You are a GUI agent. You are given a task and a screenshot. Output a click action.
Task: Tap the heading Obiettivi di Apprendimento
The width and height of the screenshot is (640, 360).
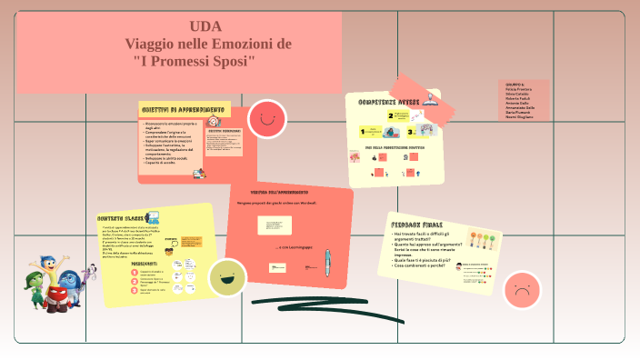[x=176, y=109]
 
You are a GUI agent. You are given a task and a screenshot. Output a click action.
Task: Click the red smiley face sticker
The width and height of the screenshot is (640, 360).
[x=267, y=118]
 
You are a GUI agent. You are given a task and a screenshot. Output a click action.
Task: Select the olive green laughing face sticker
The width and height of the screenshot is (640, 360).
[x=227, y=277]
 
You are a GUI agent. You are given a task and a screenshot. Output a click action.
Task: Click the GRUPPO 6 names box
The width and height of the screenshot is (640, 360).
[x=525, y=100]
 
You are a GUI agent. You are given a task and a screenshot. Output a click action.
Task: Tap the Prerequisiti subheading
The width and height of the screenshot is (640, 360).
[x=144, y=262]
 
